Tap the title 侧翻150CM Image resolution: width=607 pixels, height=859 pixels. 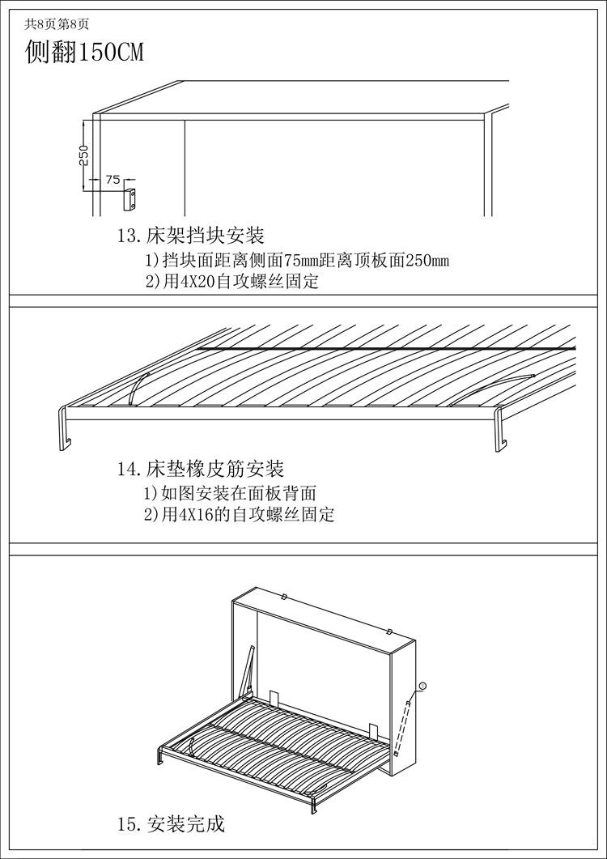[x=84, y=53]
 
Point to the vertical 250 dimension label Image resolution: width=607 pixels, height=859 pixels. [x=83, y=155]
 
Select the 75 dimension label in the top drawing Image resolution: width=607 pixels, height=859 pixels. [x=112, y=179]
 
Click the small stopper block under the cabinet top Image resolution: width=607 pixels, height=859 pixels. [x=131, y=198]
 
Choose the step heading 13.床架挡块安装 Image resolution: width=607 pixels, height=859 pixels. [x=191, y=236]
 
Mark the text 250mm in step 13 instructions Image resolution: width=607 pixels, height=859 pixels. [x=427, y=261]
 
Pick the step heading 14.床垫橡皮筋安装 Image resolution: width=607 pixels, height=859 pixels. [x=201, y=469]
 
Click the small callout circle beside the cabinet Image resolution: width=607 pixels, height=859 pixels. [x=422, y=687]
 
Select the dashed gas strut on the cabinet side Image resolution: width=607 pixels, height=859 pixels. [x=403, y=726]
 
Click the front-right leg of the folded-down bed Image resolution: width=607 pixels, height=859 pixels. [x=314, y=801]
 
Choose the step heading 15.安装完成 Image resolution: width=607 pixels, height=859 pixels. [x=171, y=824]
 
